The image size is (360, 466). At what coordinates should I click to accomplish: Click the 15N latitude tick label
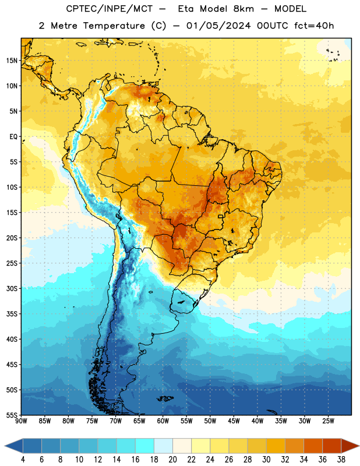tap(12, 61)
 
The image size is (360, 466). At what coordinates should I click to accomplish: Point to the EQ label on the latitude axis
tap(13, 137)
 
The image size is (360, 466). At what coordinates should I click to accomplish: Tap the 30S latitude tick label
tap(12, 288)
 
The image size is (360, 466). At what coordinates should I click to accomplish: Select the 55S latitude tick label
tap(12, 415)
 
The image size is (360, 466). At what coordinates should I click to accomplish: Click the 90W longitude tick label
tap(21, 421)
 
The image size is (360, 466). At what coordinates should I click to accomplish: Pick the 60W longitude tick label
tap(163, 421)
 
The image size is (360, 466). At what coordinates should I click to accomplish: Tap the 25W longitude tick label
tap(328, 421)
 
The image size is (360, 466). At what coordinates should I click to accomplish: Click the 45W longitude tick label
tap(234, 421)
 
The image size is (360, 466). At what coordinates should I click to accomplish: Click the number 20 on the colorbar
tap(172, 460)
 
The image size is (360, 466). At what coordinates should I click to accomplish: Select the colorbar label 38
tap(341, 460)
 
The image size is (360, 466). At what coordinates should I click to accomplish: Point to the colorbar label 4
tap(23, 460)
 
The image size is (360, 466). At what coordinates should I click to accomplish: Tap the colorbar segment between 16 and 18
tap(144, 446)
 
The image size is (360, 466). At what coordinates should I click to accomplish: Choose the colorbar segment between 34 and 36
tap(313, 446)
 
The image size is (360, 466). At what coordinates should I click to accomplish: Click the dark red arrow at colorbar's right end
tap(350, 446)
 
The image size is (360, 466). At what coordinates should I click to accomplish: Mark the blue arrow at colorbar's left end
tap(14, 446)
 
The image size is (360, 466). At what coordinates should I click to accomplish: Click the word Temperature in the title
tap(114, 26)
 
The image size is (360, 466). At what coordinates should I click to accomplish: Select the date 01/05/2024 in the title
tap(218, 26)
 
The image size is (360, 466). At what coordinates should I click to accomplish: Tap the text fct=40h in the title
tap(314, 26)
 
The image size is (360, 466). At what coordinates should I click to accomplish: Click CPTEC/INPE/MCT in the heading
tap(109, 9)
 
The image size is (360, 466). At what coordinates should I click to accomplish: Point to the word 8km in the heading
tap(243, 9)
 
